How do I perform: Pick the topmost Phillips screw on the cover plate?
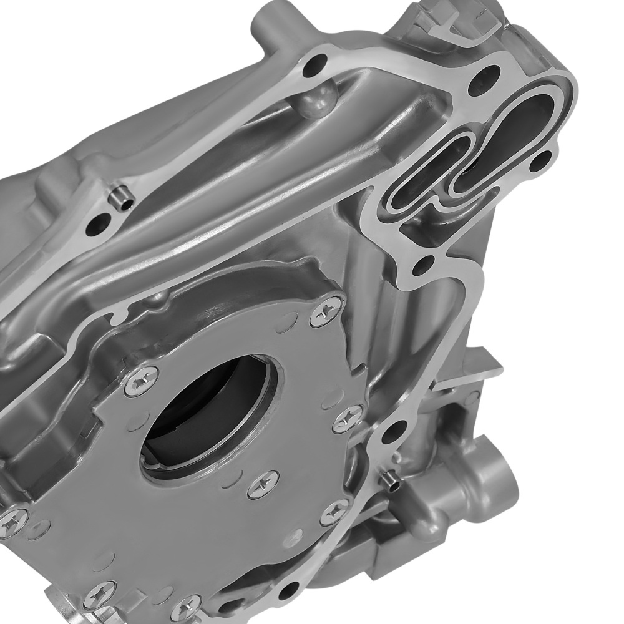[326, 311]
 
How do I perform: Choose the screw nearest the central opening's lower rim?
[263, 484]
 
